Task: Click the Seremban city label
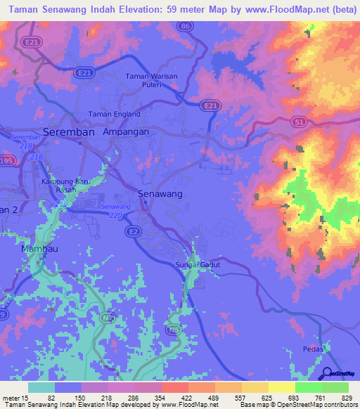[70, 131]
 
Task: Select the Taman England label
[114, 114]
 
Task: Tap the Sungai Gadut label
[198, 264]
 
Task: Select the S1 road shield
[300, 122]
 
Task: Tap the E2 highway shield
[132, 230]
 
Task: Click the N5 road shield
[172, 329]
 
